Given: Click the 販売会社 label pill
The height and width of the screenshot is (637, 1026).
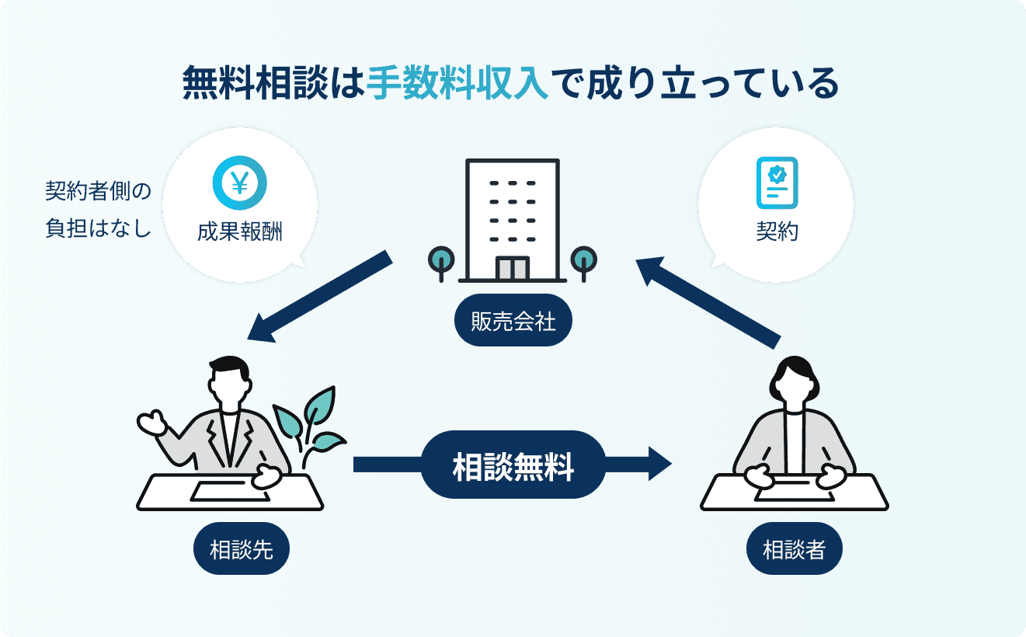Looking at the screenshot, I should [513, 321].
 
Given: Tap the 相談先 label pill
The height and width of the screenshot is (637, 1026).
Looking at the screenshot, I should [242, 550].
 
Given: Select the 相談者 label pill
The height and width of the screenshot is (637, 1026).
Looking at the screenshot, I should [794, 550].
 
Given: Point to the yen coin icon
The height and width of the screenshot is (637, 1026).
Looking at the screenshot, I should [240, 183].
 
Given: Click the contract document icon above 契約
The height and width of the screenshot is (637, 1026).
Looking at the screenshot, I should [776, 183].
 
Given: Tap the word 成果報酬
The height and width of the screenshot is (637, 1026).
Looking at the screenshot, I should [240, 231].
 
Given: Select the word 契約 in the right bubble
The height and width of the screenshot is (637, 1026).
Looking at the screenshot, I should [776, 231].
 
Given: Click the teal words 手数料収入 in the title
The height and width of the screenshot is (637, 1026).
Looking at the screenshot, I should [458, 82].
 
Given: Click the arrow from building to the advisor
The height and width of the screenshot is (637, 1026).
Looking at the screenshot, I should [318, 296].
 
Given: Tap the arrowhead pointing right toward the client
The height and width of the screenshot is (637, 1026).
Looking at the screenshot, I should [656, 465].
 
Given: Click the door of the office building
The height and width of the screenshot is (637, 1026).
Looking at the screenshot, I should [512, 268].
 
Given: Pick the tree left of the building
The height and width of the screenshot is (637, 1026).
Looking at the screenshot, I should [441, 261].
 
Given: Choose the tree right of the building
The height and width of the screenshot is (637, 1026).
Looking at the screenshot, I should [583, 261].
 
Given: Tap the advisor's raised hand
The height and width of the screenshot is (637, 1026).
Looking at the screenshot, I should [151, 423].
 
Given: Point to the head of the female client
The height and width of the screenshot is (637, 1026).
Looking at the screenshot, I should [794, 381].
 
